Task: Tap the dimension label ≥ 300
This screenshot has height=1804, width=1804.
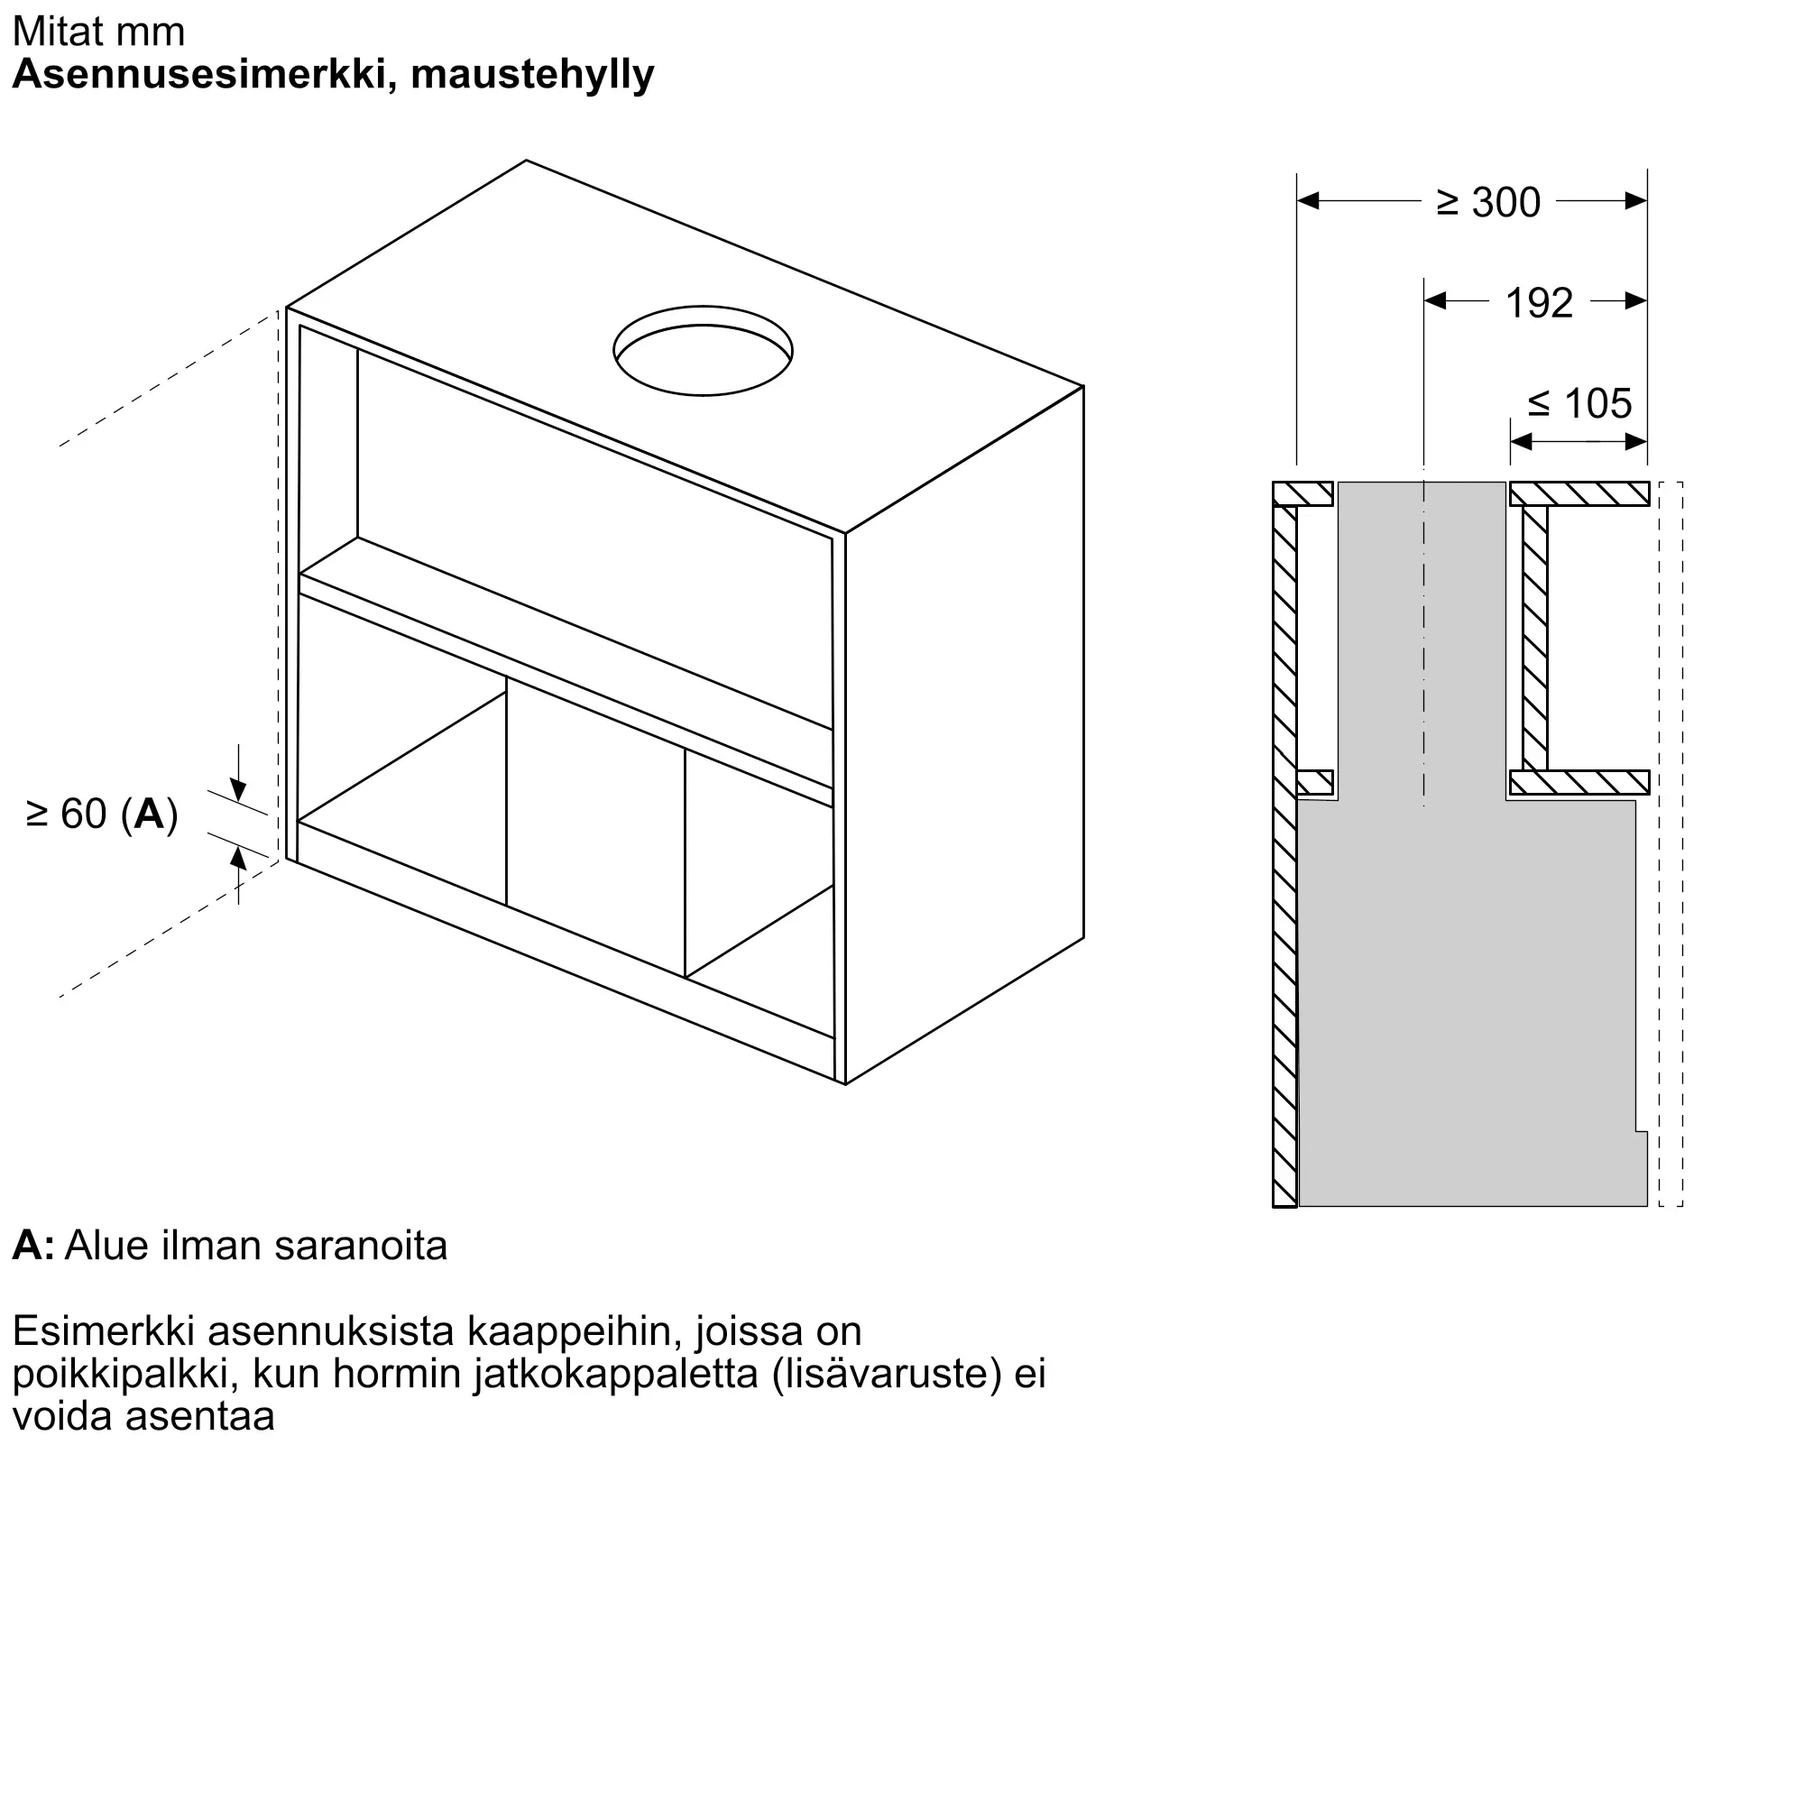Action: click(x=1487, y=203)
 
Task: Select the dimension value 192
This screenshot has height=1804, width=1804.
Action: click(x=1539, y=303)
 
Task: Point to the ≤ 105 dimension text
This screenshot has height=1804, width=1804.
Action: click(x=1579, y=404)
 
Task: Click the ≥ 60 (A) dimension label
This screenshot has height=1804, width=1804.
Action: click(x=102, y=815)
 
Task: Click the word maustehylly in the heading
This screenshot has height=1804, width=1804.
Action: click(x=532, y=75)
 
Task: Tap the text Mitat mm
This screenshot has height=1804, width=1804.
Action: click(x=99, y=32)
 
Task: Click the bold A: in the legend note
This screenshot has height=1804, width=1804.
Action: click(x=32, y=1246)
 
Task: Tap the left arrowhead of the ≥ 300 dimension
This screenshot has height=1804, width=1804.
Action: click(x=1308, y=201)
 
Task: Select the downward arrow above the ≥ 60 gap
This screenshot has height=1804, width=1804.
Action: click(x=238, y=790)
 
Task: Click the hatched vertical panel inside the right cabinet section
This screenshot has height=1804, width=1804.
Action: click(x=1534, y=638)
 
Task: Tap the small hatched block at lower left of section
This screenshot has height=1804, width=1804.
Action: click(x=1315, y=782)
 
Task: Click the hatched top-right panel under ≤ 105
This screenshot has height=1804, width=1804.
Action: click(x=1579, y=494)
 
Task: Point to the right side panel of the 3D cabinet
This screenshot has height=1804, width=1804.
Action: click(x=964, y=738)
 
